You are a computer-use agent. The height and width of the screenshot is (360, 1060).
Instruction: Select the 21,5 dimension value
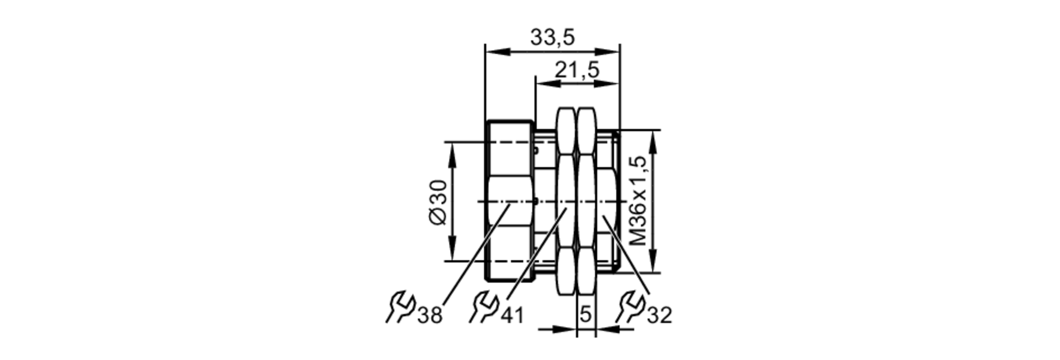577,69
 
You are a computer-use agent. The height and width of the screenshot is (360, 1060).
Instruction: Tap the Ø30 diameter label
439,202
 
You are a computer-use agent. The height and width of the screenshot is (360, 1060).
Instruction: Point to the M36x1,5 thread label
639,200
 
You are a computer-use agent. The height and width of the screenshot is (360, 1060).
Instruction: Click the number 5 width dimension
586,314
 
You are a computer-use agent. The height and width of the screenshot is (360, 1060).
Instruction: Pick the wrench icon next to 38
400,307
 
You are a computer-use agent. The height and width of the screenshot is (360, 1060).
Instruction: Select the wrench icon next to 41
483,307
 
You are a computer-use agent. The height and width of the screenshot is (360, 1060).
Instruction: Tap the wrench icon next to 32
630,307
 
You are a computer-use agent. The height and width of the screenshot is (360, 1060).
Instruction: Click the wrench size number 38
430,315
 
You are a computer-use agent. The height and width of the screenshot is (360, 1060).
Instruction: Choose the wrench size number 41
512,315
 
